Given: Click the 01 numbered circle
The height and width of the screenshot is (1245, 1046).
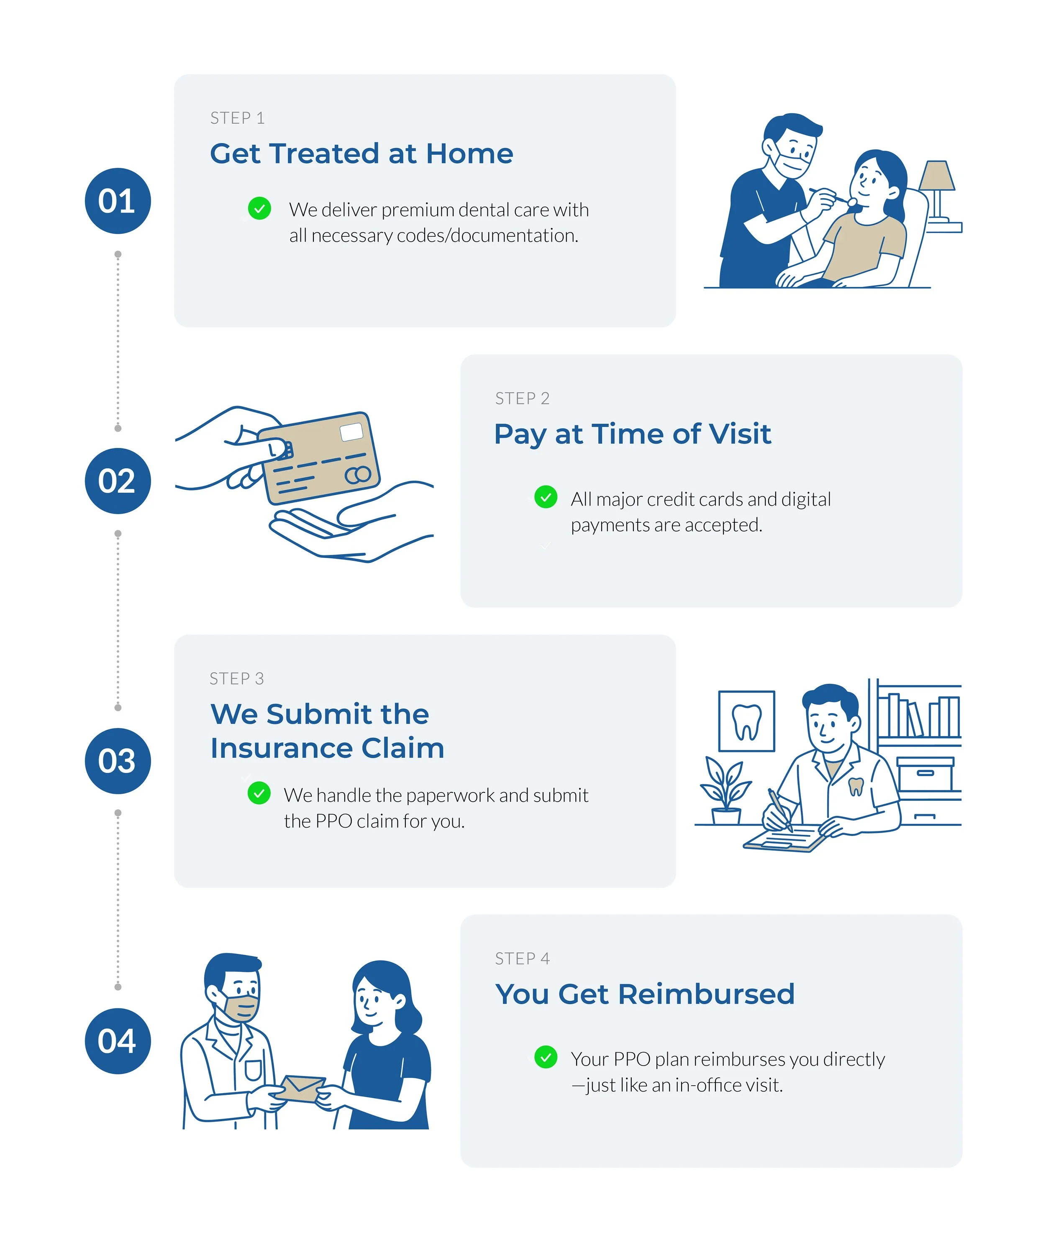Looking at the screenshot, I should pos(118,201).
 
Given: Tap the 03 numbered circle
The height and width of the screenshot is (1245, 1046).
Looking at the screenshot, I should pos(118,761).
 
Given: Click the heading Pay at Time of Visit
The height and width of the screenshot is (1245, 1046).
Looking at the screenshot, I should pos(632,434).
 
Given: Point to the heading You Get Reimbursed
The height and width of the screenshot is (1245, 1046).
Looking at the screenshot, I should pos(645,994).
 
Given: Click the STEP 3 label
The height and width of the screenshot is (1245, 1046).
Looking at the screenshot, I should pos(236,679).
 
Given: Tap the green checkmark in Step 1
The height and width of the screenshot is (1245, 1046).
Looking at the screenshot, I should pos(259,209).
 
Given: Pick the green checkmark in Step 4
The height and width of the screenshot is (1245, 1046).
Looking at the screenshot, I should pos(546,1057).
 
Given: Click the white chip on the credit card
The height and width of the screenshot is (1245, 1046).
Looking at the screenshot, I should pos(351,432).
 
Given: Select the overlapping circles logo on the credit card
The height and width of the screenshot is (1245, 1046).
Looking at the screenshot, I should pos(358,475).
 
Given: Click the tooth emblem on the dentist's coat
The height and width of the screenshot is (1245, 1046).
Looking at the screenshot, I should pos(856,786).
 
